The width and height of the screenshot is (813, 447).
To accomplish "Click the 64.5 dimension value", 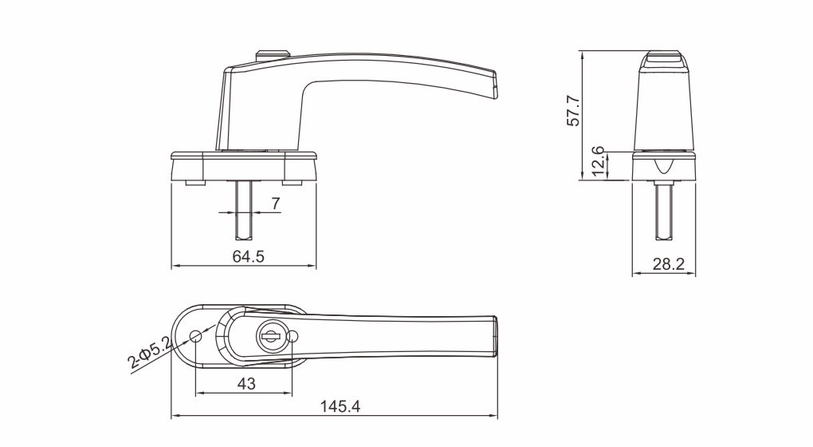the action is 249,256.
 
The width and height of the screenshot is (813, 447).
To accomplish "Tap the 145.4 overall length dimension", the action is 340,406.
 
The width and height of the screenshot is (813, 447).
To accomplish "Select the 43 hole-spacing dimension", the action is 246,384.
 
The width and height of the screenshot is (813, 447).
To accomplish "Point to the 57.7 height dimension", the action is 573,110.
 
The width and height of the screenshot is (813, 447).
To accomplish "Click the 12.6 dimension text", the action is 598,161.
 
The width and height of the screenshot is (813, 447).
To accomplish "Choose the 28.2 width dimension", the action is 669,264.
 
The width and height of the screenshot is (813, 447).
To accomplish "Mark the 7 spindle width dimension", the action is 276,204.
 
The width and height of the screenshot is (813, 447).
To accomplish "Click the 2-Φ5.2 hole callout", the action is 150,352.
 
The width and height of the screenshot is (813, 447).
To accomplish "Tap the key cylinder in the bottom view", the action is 269,336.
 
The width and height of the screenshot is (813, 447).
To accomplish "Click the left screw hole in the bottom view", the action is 195,336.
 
